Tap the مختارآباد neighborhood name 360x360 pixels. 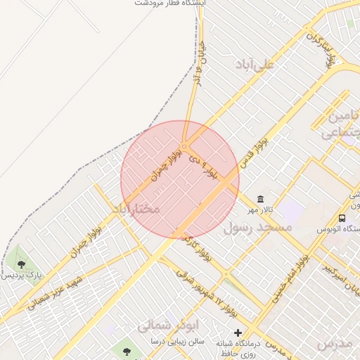[136, 210]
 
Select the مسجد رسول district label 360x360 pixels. [257, 229]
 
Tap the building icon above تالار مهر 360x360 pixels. [262, 200]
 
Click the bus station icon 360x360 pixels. [342, 218]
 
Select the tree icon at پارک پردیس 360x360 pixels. [21, 264]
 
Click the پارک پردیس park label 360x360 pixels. [22, 276]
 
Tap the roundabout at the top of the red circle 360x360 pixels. [184, 146]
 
